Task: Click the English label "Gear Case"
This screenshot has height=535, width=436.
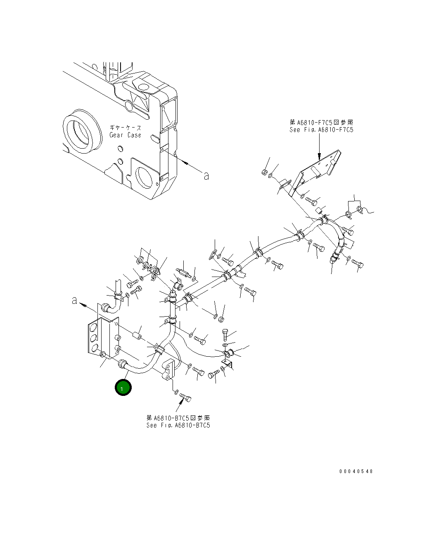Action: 125,135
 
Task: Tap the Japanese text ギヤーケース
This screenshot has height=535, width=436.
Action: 125,128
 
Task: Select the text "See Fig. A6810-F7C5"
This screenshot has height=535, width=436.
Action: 321,130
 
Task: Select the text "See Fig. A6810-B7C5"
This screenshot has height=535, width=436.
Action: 178,425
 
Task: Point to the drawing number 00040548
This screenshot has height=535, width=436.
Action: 356,471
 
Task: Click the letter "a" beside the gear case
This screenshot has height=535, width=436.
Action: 206,176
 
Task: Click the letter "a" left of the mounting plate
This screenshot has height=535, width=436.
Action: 75,301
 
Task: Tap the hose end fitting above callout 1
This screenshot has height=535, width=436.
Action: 122,364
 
